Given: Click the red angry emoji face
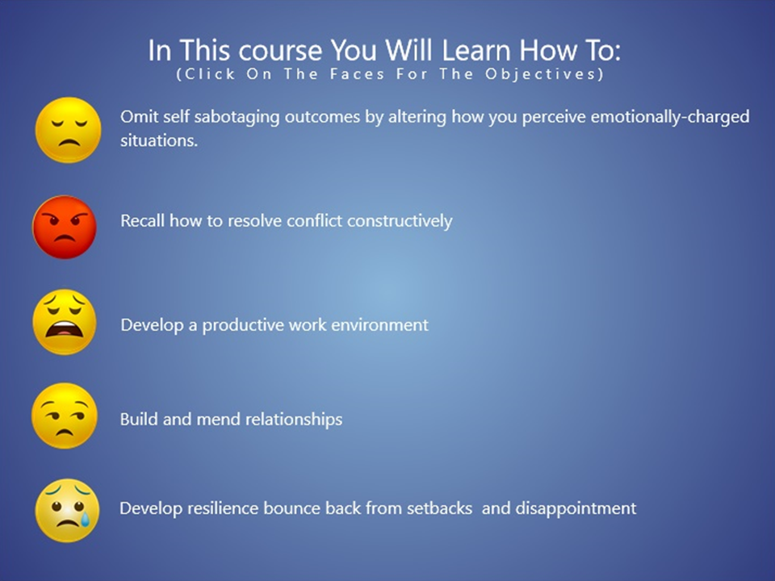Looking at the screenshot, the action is [65, 227].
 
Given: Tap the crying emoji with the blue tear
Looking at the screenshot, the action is [67, 510].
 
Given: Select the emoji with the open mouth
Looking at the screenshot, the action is [65, 322].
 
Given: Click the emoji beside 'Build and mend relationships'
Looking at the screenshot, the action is [65, 416].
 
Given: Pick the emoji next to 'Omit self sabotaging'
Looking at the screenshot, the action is [68, 130].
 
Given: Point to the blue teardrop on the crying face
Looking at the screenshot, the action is [86, 518].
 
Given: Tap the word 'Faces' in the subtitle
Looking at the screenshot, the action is [358, 74].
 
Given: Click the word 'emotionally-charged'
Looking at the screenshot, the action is [670, 118].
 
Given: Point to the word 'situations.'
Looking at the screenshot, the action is [159, 140].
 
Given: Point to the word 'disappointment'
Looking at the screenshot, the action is [576, 509].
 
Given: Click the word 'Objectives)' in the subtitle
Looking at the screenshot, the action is [544, 74].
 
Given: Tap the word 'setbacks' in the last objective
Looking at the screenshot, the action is [439, 508].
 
